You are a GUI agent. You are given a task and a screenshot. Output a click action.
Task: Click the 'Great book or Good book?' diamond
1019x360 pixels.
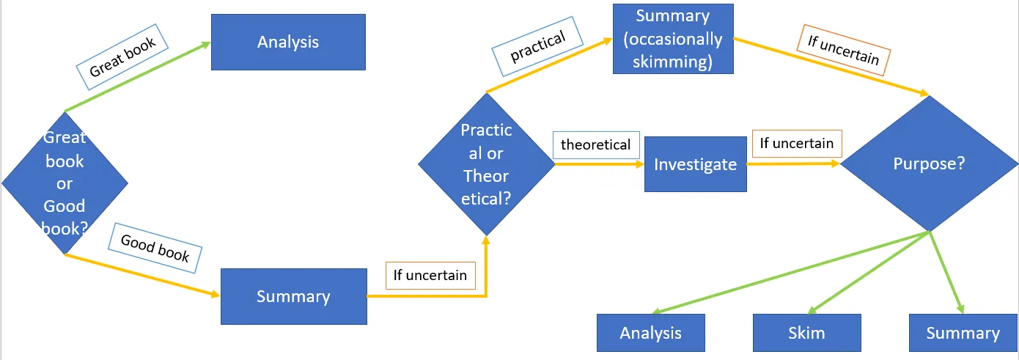(x=65, y=183)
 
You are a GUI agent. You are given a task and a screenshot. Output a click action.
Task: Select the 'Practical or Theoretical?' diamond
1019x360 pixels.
(x=486, y=164)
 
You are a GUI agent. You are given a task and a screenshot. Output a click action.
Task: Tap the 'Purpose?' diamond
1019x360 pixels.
(x=929, y=164)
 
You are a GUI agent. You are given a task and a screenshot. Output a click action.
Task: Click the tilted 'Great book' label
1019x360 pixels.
(x=123, y=57)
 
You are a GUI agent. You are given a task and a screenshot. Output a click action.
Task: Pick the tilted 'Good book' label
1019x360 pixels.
(x=155, y=249)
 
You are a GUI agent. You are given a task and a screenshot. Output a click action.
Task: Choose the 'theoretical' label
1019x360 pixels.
(x=595, y=144)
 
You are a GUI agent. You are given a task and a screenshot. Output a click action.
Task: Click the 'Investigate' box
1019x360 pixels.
(x=695, y=164)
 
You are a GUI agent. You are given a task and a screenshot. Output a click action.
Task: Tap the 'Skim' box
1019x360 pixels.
(x=806, y=333)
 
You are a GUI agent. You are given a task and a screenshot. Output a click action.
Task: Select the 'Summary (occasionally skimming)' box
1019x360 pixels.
(x=673, y=38)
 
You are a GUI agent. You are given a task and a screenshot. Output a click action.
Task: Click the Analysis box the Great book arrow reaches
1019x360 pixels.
(x=288, y=42)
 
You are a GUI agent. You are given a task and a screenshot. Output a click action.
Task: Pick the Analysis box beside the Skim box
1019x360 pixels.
(x=650, y=333)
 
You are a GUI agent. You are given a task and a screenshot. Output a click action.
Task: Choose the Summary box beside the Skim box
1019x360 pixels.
(x=963, y=333)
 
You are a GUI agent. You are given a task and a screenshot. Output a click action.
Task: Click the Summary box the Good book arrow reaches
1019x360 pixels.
(x=293, y=296)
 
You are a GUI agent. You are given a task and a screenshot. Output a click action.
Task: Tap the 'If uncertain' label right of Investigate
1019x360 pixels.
(x=796, y=143)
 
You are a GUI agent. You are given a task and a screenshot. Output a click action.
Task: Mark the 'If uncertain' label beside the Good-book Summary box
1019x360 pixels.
(x=430, y=275)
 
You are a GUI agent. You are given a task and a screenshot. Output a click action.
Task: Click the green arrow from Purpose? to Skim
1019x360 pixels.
(x=869, y=271)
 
